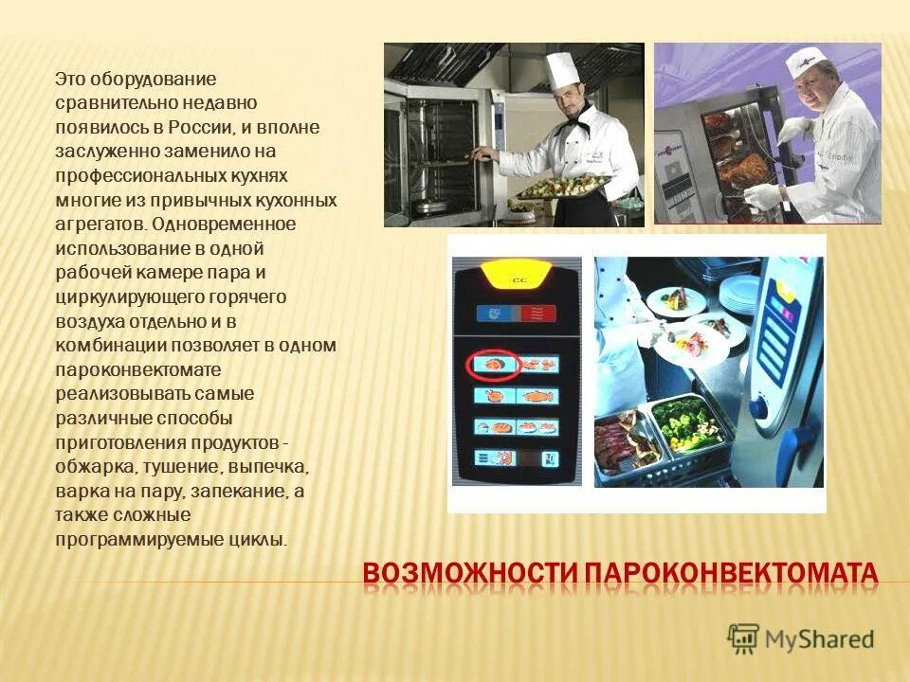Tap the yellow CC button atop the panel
(518, 278)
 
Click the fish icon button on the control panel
(537, 396)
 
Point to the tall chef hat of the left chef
(561, 71)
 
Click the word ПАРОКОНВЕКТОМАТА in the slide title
(730, 574)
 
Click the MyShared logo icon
(744, 639)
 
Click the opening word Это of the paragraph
(69, 78)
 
